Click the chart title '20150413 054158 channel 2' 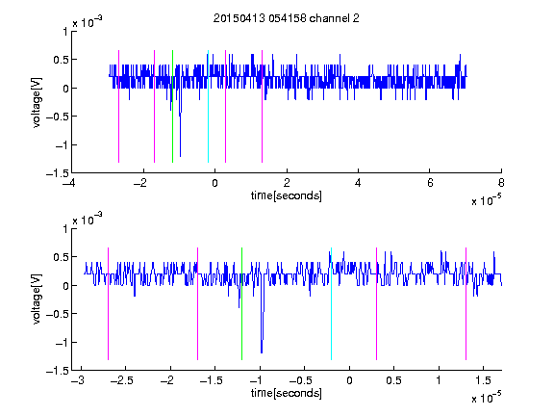point(287,18)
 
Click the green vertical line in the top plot point(172,106)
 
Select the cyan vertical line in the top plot point(208,106)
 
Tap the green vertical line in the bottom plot point(241,303)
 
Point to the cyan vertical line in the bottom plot point(331,303)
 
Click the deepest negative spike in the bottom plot point(262,352)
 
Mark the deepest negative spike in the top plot point(180,156)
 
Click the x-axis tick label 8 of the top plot point(501,183)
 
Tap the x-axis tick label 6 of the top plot point(430,183)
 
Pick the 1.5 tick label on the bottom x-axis point(484,380)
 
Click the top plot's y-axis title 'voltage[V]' point(37,102)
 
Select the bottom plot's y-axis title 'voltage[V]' point(37,299)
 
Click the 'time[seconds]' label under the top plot point(287,195)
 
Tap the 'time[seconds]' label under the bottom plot point(287,393)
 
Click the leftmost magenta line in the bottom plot point(108,303)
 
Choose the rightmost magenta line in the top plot point(262,106)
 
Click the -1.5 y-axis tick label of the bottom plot point(58,371)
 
